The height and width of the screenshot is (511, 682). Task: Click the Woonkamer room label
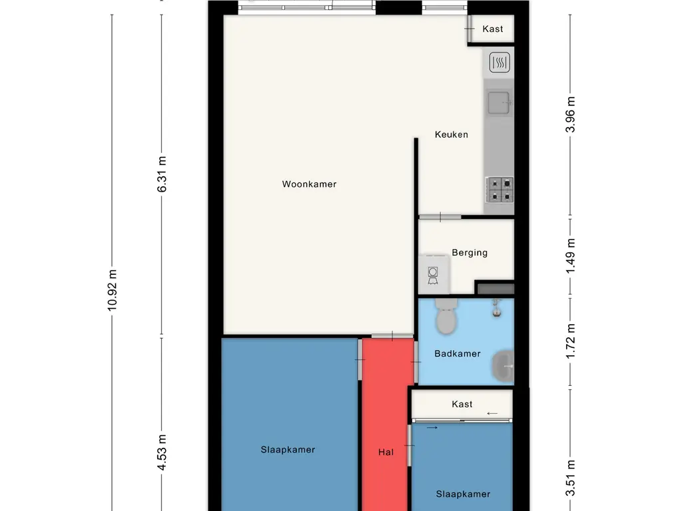309,184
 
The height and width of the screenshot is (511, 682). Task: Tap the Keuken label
452,134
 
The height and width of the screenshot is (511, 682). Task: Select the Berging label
470,253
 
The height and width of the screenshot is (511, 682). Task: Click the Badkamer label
458,354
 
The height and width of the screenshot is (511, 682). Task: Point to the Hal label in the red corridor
386,452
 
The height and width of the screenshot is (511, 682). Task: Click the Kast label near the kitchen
493,29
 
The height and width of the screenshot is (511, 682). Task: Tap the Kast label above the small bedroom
462,405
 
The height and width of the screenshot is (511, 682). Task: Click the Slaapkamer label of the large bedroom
288,450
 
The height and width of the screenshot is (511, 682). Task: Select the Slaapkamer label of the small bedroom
464,494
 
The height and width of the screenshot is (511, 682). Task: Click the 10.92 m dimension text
112,290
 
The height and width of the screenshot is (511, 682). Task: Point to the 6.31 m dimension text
162,174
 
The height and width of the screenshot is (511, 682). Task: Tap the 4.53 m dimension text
162,452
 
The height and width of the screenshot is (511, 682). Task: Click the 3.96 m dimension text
570,114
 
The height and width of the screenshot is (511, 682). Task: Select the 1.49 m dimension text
570,256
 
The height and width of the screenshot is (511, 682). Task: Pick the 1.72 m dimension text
570,341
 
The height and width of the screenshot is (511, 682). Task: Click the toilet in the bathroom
446,316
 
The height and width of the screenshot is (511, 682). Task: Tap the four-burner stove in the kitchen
500,190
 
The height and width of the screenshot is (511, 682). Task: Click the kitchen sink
499,103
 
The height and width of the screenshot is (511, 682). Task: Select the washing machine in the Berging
434,274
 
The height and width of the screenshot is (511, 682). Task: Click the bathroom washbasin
503,367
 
